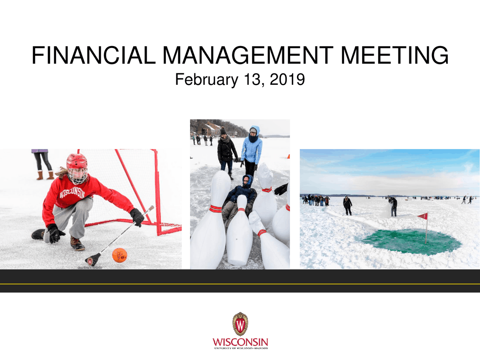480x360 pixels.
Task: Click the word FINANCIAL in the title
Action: tap(93, 55)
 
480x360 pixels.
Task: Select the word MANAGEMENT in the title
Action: tap(248, 55)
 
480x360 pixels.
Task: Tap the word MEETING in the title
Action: tap(394, 55)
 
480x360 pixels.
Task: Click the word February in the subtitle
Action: tap(206, 80)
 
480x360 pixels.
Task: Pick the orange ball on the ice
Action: tap(120, 255)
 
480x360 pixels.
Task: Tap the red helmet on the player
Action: tap(76, 161)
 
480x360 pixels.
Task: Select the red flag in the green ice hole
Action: tap(423, 216)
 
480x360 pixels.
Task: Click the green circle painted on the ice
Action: tap(411, 241)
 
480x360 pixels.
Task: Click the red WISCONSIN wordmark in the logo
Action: tap(240, 342)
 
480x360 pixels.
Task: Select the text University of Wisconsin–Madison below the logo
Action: tap(241, 348)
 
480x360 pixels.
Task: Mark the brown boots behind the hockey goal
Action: tap(45, 175)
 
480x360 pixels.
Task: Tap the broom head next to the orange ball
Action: tap(93, 259)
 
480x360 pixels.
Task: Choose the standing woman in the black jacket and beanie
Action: tap(226, 150)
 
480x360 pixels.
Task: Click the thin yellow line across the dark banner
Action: tap(240, 284)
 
